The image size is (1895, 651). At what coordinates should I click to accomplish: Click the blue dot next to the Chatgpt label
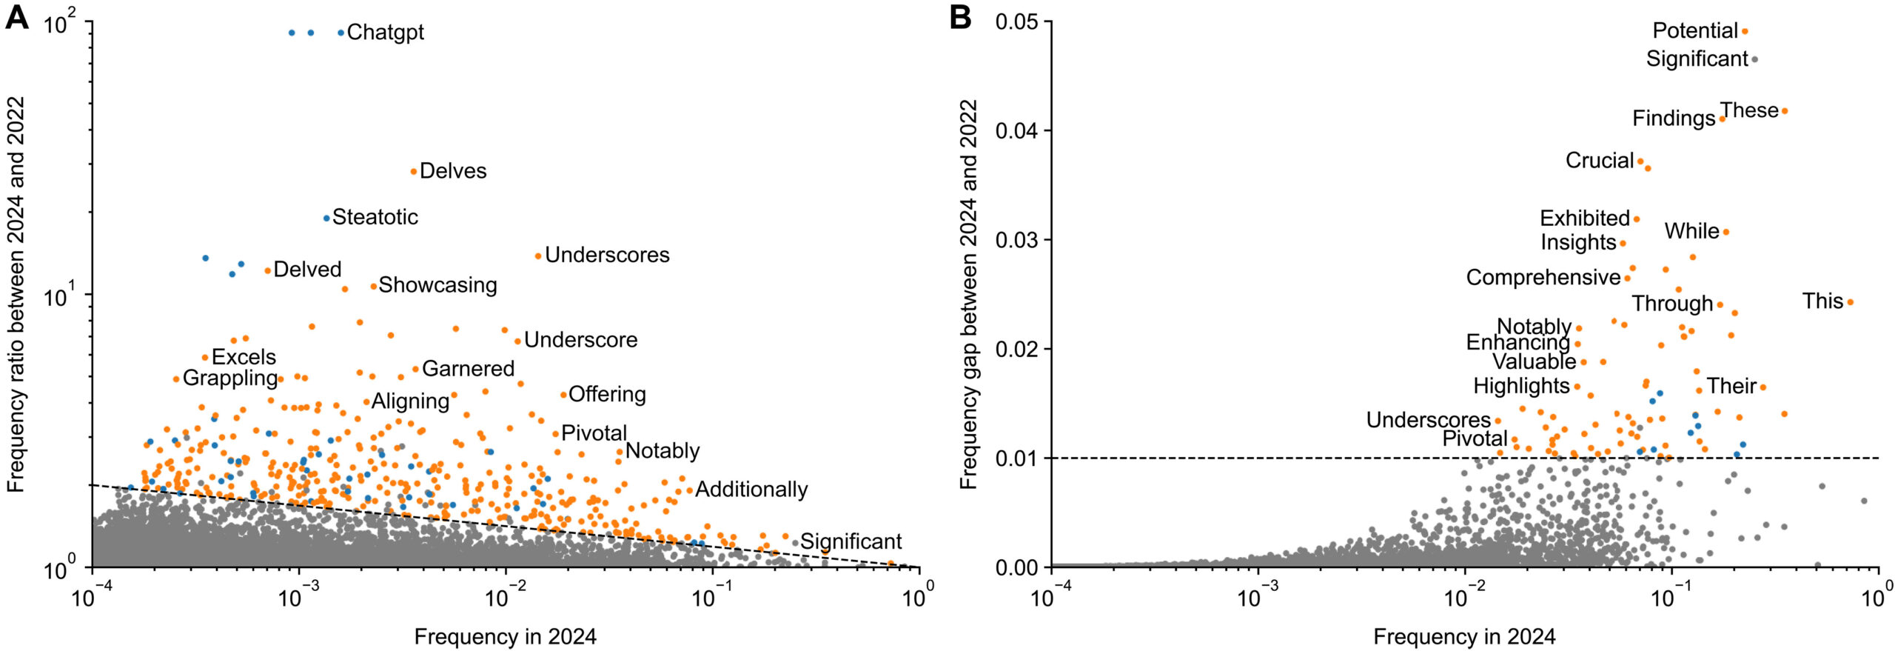[341, 33]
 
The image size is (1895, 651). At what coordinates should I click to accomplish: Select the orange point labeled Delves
[414, 172]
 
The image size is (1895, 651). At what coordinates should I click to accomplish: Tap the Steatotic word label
[375, 217]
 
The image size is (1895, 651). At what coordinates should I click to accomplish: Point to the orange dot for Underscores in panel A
[538, 256]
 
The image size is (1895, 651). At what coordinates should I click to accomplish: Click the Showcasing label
[437, 285]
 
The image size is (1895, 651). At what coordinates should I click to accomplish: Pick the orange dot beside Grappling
[176, 379]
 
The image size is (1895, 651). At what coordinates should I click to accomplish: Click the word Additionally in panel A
[751, 490]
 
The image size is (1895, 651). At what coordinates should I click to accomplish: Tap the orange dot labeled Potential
[1745, 31]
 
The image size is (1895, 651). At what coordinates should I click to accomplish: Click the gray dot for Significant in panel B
[1754, 59]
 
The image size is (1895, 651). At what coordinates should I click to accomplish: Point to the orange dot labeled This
[1850, 302]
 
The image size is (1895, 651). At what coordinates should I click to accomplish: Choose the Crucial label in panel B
[1599, 161]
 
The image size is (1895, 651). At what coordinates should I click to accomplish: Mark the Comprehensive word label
[1543, 278]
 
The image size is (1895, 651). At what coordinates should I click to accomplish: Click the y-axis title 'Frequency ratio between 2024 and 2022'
[16, 294]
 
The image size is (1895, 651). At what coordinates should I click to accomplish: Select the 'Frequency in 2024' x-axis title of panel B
[1464, 637]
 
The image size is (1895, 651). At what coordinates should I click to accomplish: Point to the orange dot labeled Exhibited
[1637, 219]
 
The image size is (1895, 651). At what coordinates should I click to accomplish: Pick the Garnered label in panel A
[468, 369]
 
